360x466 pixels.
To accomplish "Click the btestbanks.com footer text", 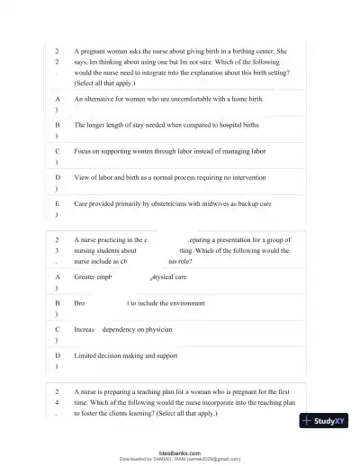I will pos(180,453).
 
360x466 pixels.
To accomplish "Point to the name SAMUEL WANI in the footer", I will pos(181,459).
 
